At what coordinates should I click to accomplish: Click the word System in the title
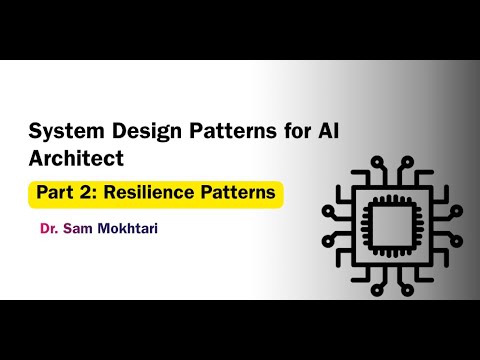pyautogui.click(x=62, y=130)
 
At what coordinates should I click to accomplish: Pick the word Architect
pyautogui.click(x=71, y=157)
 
